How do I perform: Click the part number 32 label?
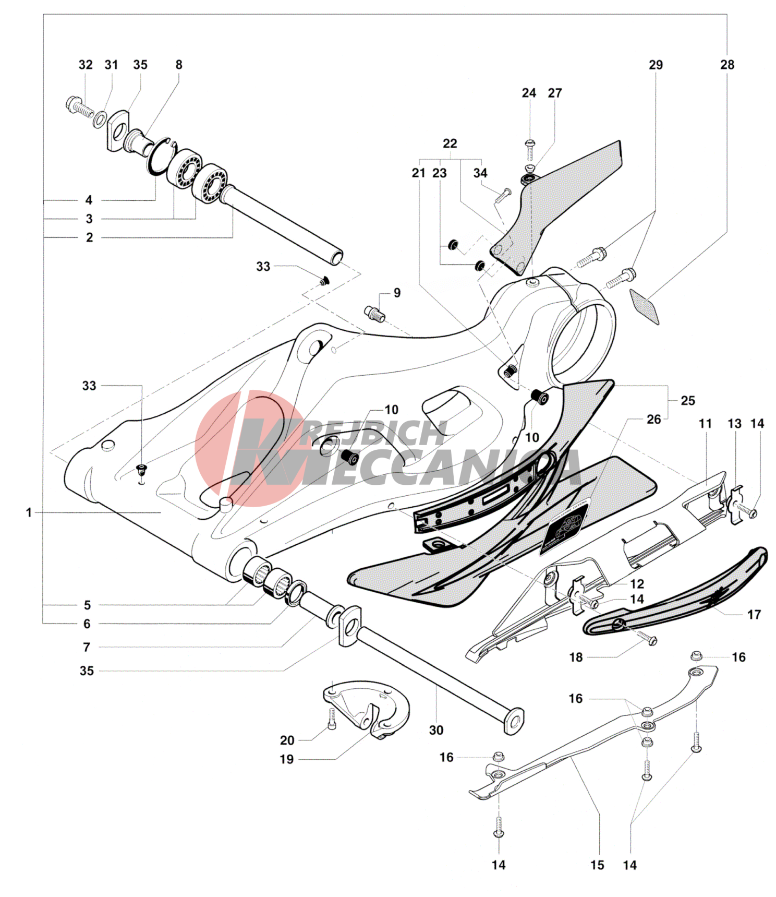click(86, 65)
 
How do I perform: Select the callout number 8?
click(179, 65)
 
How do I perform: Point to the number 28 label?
click(727, 65)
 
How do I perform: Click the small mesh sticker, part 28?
click(645, 306)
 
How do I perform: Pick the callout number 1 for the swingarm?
click(29, 513)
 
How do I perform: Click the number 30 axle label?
click(436, 730)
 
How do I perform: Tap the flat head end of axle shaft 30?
click(514, 721)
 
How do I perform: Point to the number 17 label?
click(754, 615)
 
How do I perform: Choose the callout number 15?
click(597, 865)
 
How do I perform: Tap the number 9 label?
click(397, 293)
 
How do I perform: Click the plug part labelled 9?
click(374, 314)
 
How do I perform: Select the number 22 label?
click(450, 143)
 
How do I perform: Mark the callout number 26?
click(653, 419)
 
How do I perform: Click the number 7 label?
click(87, 647)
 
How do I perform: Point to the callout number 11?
click(705, 424)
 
